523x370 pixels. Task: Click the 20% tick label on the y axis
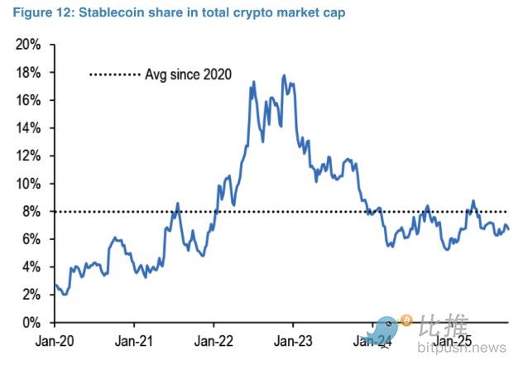coord(29,45)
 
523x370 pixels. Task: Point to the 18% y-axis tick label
coord(29,73)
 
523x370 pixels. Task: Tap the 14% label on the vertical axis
coord(29,128)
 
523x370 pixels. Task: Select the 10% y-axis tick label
coord(29,184)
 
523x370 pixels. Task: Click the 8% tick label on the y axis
coord(32,212)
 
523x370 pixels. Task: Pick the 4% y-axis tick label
coord(32,267)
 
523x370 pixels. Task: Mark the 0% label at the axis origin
coord(32,323)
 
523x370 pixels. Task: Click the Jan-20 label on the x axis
coord(54,340)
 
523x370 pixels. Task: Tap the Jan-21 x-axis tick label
coord(134,340)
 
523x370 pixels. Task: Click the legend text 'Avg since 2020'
coord(188,74)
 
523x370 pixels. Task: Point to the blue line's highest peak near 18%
coord(284,76)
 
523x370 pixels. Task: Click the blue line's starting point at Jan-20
coord(55,285)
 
